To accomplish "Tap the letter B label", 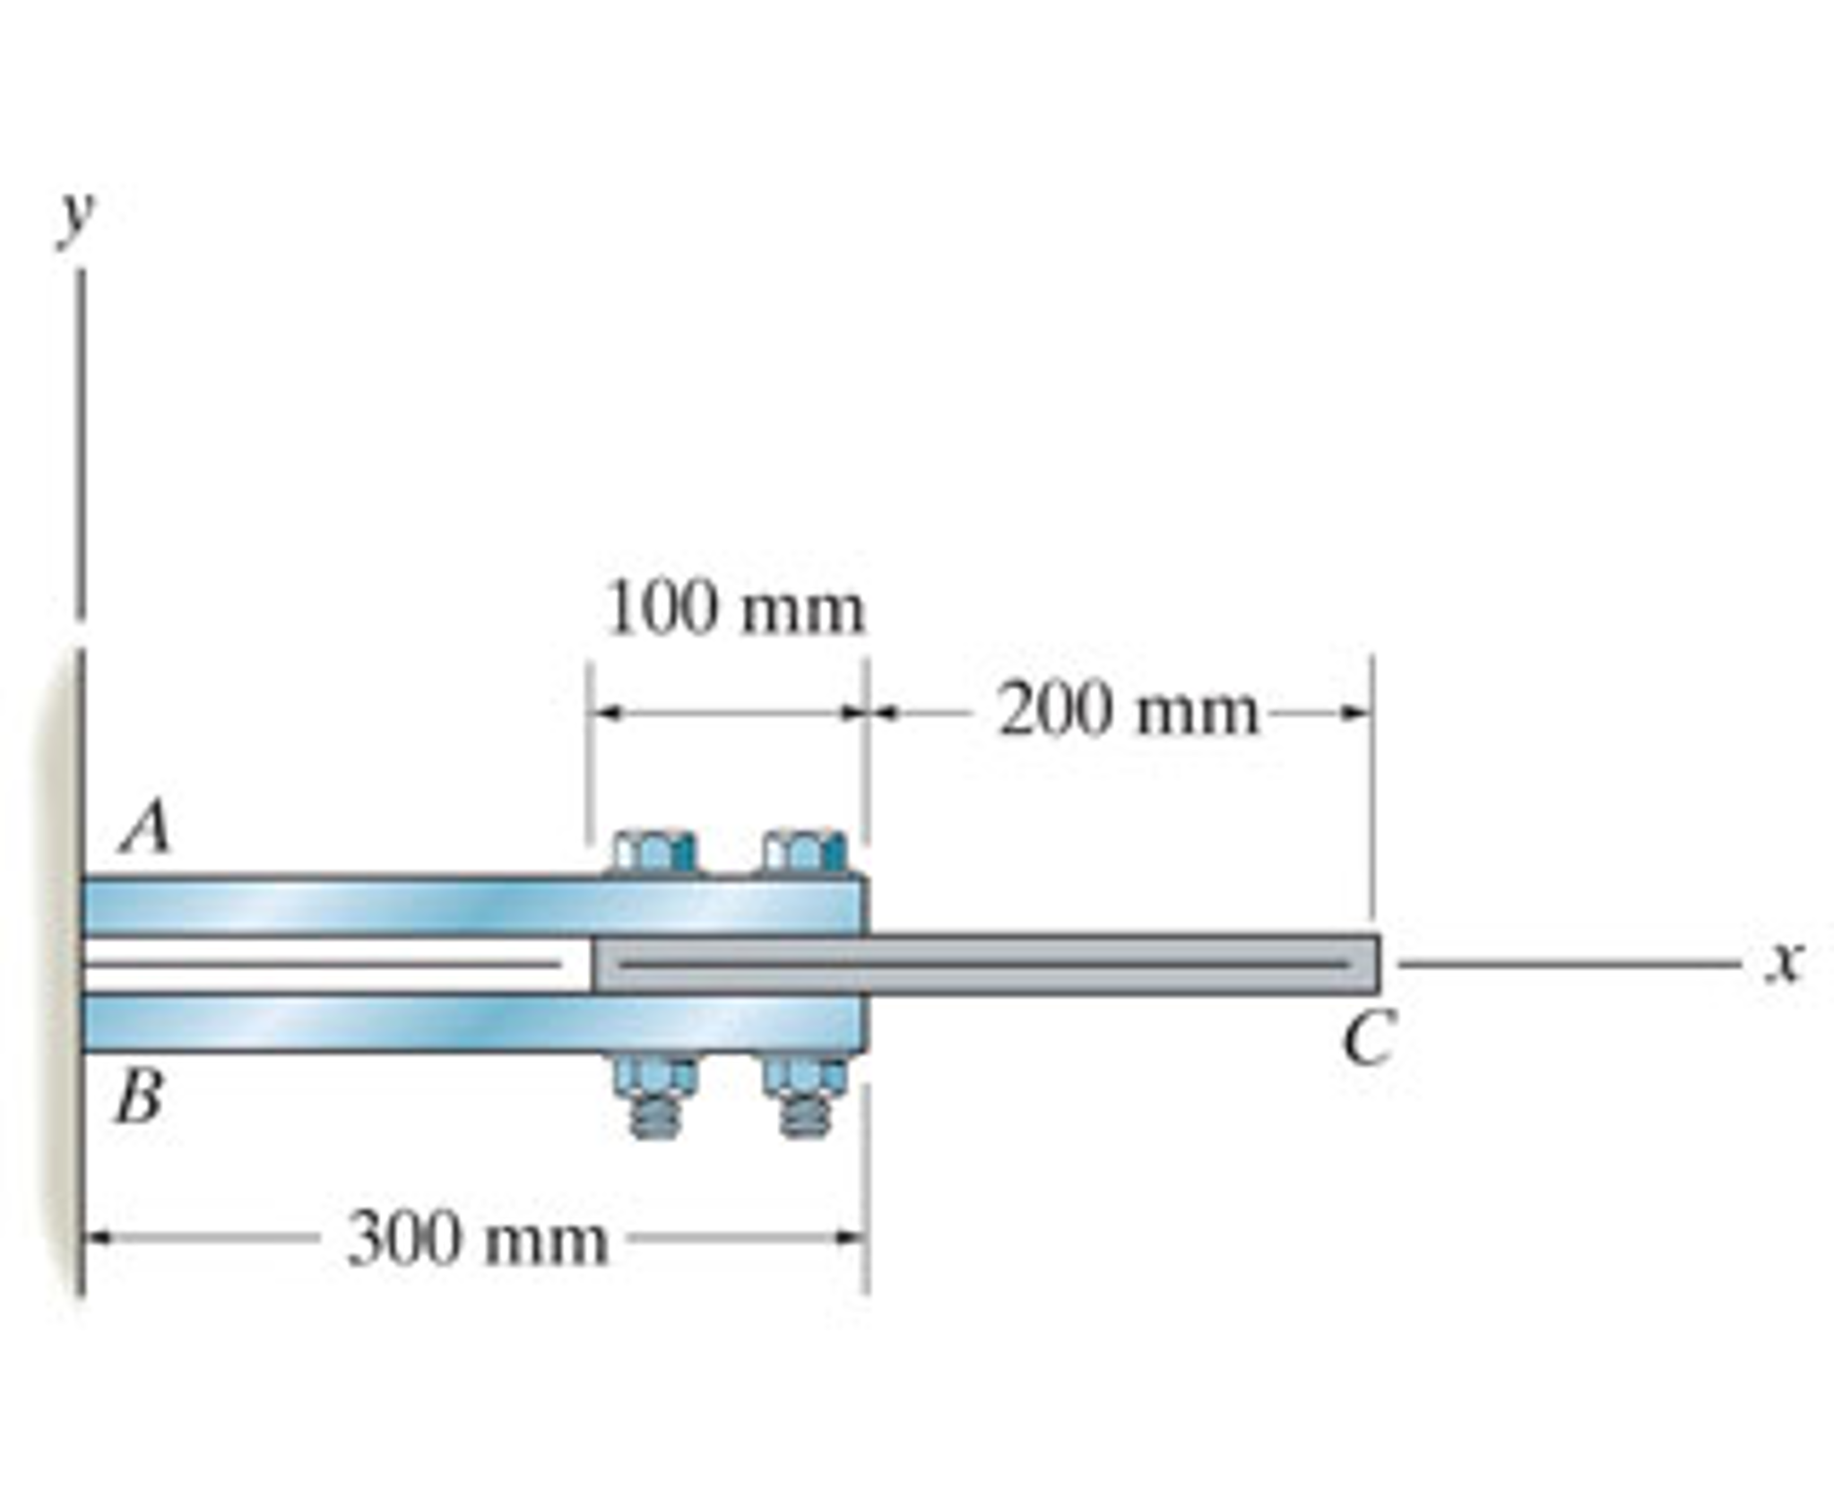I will click(140, 1097).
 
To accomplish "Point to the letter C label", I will click(1368, 1038).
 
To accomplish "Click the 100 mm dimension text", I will click(735, 611).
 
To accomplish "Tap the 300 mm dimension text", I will click(477, 1240).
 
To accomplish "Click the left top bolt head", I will click(655, 852).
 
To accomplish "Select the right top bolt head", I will click(804, 852).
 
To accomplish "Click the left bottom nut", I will click(655, 1076).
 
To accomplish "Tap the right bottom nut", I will click(804, 1076).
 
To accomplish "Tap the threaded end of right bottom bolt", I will click(804, 1116).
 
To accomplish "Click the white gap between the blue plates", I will click(332, 965).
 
